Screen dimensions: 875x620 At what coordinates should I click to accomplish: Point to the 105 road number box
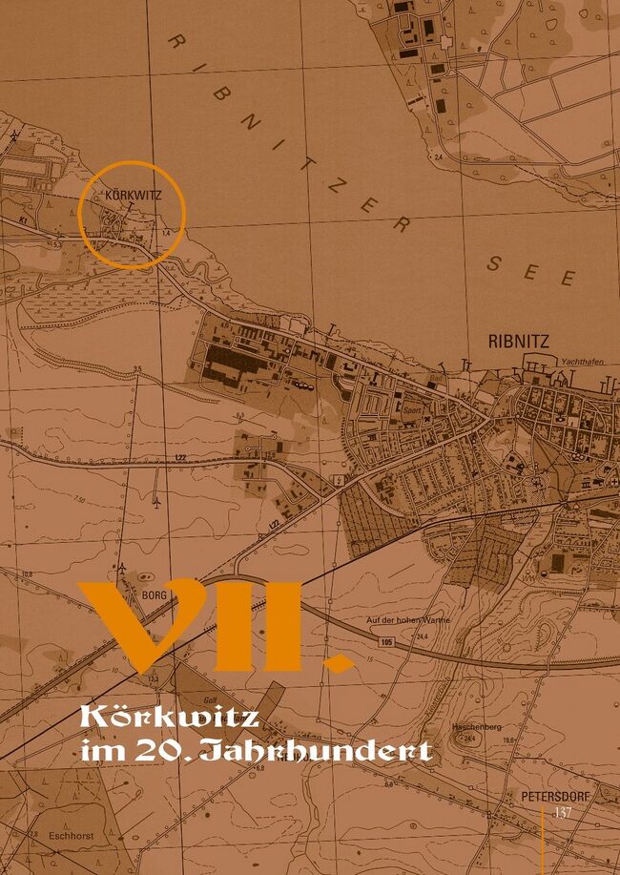tap(385, 642)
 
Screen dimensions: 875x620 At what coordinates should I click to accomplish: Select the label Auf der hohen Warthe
tap(407, 621)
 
